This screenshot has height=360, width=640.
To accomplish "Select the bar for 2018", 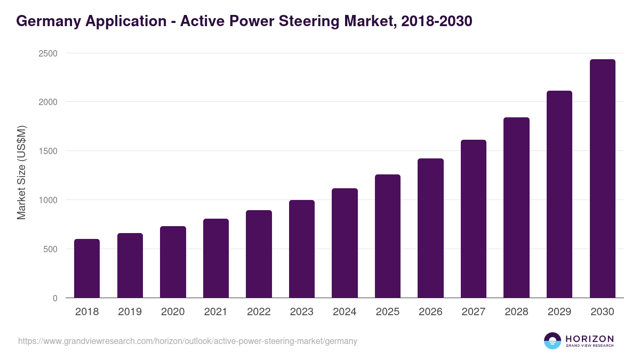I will [87, 268].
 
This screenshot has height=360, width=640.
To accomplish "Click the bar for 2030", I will [602, 179].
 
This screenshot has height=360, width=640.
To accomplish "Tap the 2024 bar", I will [345, 243].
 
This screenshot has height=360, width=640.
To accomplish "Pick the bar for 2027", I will [474, 219].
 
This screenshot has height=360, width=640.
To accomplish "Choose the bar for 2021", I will [216, 258].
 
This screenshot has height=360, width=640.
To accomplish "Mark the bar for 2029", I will [559, 194].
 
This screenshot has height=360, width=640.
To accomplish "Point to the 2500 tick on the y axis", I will [47, 53].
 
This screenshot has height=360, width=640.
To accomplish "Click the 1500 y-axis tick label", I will [47, 151].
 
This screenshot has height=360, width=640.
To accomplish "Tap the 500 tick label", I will [50, 249].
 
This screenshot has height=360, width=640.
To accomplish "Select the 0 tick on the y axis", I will [55, 298].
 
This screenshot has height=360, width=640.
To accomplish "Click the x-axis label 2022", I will [259, 312].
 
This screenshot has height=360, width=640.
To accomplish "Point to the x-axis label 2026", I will [430, 312].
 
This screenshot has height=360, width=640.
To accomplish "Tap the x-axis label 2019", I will [130, 312].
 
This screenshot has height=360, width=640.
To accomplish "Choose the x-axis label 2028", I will [516, 312].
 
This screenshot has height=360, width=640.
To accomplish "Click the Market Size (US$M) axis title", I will [21, 172].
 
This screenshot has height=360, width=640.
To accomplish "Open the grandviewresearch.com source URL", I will [187, 341].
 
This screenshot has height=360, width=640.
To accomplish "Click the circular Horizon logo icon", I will [553, 341].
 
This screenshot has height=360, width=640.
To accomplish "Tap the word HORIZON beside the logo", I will [589, 339].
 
